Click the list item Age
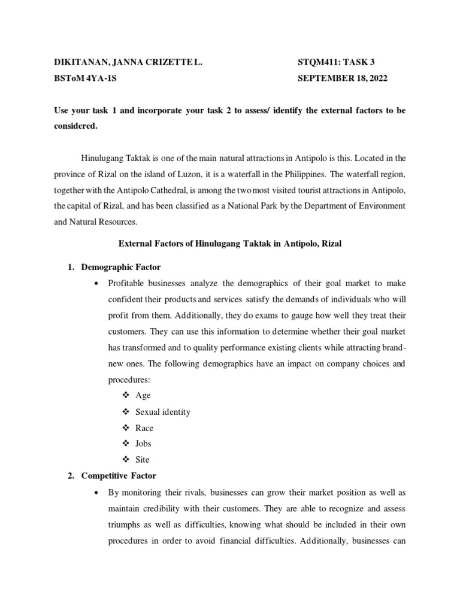point(143,396)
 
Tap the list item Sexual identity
point(163,412)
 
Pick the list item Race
point(144,428)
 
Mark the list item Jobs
point(144,444)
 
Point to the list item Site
point(143,460)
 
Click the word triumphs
point(126,524)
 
